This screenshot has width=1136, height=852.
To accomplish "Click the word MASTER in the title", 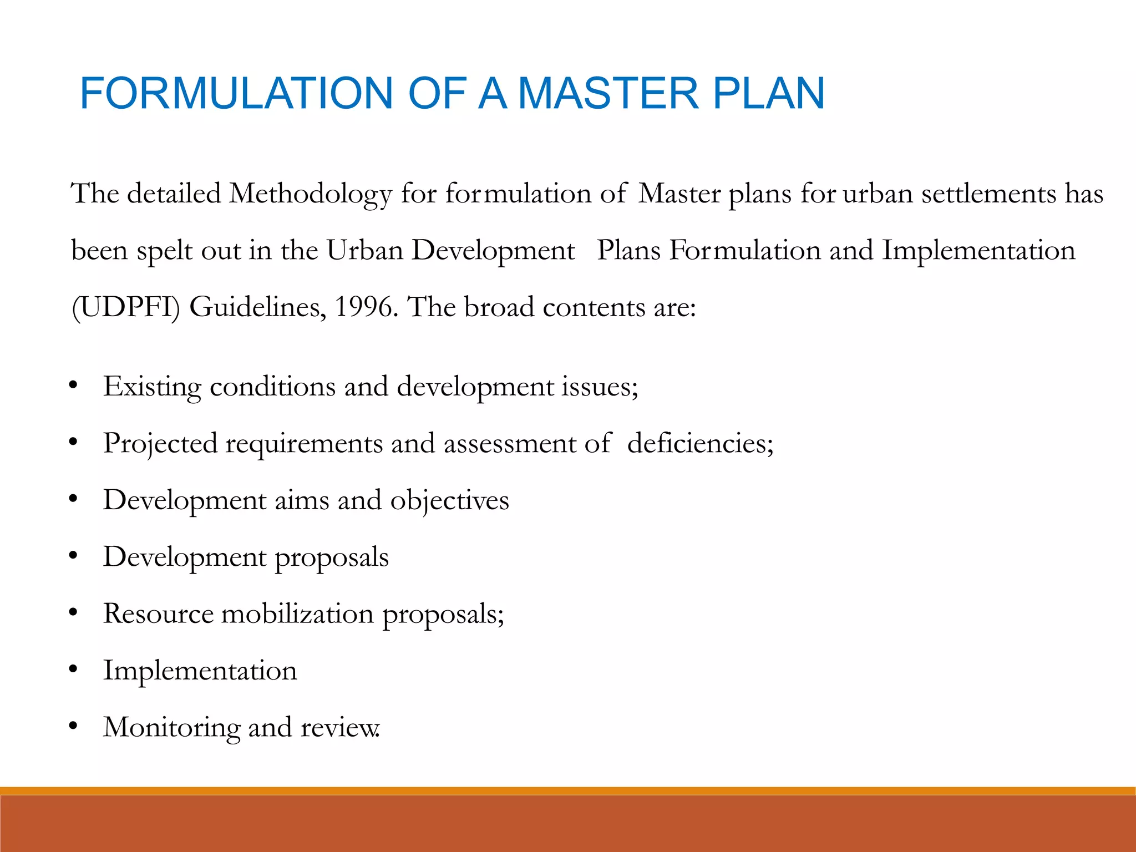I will tap(608, 93).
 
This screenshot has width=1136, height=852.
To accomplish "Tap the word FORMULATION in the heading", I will tap(236, 93).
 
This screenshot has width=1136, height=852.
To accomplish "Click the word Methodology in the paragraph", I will tap(311, 195).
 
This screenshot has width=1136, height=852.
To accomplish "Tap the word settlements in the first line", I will tap(988, 194).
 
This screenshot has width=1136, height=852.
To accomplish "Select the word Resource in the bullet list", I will tap(158, 613).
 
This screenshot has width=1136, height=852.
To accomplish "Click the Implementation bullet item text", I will tap(200, 671).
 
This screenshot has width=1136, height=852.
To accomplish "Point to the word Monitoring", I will tap(171, 728).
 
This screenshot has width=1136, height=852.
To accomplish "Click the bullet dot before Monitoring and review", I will tap(73, 726).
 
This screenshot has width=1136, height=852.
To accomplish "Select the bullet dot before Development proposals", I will tap(73, 555).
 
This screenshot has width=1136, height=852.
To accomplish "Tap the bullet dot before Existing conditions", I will tap(73, 385).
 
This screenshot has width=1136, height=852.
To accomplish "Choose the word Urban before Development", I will tap(364, 250).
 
